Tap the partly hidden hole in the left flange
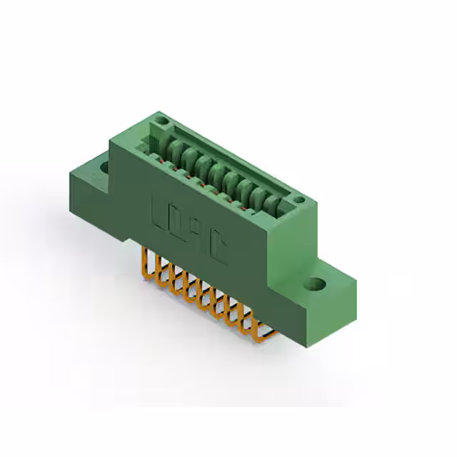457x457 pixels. (104, 168)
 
